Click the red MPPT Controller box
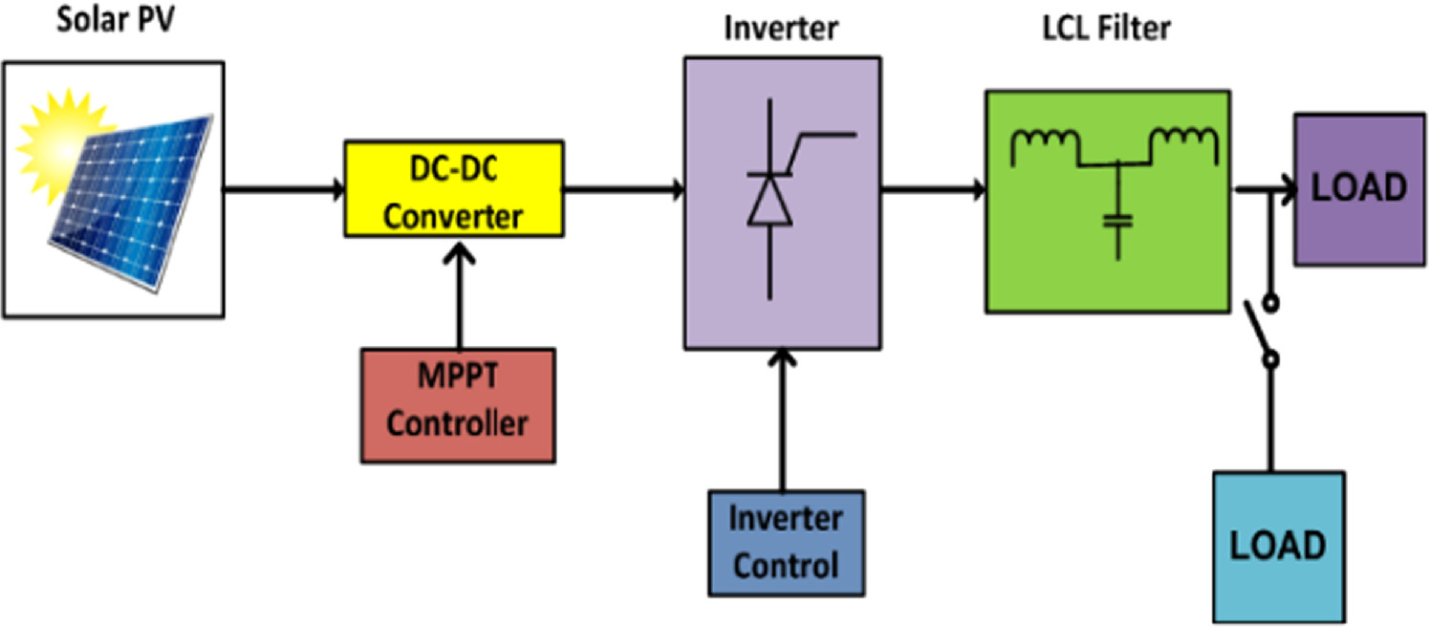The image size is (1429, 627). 458,406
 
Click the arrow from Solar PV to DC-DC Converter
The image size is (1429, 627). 283,190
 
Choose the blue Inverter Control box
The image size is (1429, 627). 786,543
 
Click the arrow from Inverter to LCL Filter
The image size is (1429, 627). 933,190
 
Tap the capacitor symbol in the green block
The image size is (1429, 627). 1115,222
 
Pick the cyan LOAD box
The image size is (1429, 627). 1278,546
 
